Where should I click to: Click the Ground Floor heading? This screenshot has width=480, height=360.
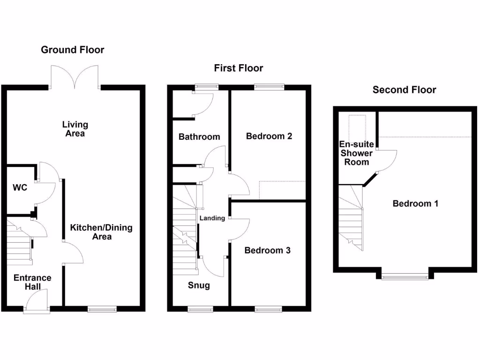tap(73, 50)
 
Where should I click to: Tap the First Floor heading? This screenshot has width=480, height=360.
tap(239, 68)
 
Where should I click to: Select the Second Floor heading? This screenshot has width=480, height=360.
tap(404, 90)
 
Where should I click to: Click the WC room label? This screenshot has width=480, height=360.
tap(20, 188)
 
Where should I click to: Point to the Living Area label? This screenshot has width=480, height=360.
tap(75, 129)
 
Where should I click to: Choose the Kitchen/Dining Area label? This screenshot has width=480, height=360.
tap(101, 232)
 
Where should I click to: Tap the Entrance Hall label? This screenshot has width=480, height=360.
tap(32, 282)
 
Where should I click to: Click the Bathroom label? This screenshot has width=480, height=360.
tap(199, 137)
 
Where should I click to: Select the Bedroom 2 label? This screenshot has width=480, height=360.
tap(269, 136)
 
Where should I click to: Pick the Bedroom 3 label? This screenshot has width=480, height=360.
tap(268, 250)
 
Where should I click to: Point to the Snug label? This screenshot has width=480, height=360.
tap(199, 285)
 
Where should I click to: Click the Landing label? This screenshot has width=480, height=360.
tap(212, 218)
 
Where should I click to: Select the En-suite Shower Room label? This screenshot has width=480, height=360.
tap(357, 153)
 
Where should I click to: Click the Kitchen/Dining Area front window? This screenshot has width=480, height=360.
tap(102, 309)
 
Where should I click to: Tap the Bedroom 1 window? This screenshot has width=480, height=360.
tap(405, 277)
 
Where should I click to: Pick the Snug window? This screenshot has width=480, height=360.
tap(200, 309)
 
